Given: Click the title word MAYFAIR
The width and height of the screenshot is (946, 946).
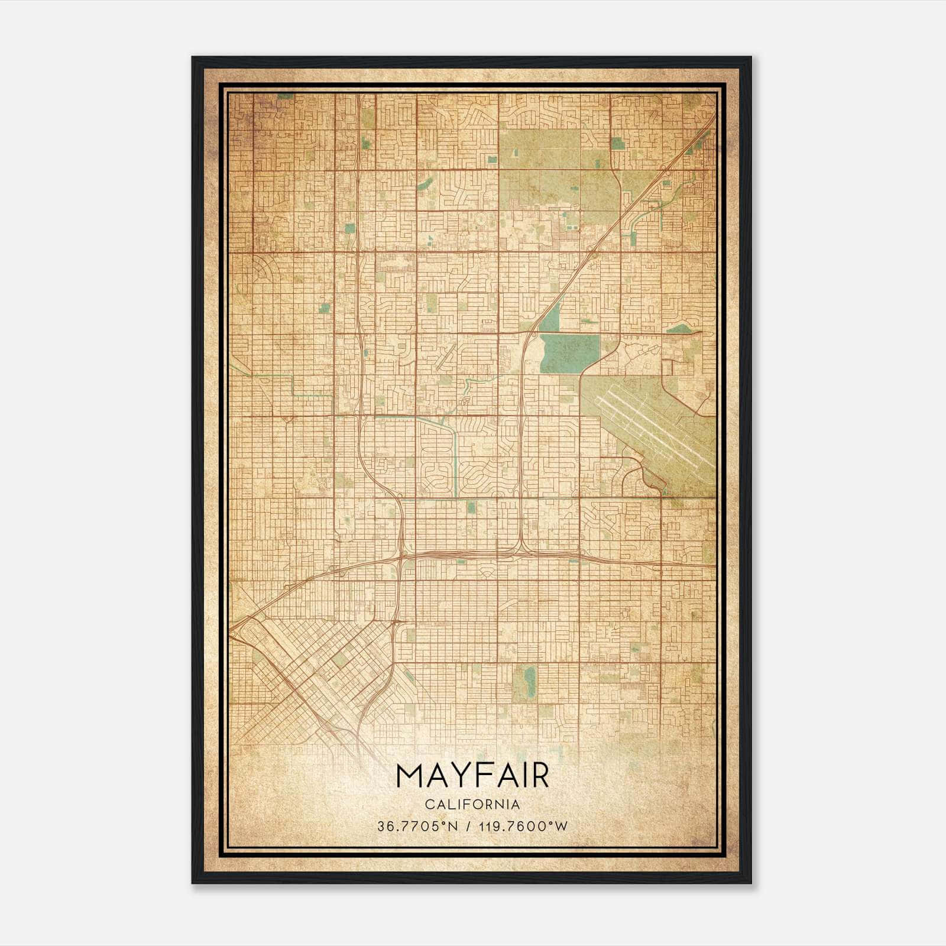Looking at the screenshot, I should (x=472, y=776).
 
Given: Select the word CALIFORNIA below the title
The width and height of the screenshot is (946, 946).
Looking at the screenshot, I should (x=472, y=805).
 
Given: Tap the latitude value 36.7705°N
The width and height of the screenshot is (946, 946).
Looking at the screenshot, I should (x=418, y=826).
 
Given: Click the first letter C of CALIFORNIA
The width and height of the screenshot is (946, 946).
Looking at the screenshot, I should (x=427, y=805).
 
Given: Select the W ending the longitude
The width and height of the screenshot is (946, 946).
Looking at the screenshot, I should (x=562, y=826).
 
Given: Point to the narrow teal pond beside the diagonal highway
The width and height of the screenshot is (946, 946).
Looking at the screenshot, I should (x=551, y=318).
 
